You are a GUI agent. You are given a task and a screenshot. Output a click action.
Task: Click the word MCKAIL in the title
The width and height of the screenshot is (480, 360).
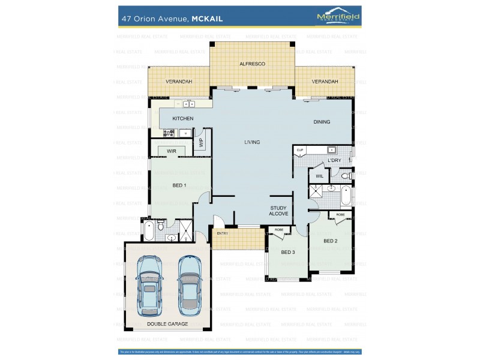(x=207, y=19)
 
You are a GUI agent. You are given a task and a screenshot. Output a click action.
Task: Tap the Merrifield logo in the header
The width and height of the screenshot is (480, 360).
(x=338, y=18)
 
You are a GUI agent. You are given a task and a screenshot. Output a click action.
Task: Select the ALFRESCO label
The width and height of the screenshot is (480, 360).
(x=252, y=64)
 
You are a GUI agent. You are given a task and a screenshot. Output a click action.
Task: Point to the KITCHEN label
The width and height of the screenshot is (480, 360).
(x=183, y=119)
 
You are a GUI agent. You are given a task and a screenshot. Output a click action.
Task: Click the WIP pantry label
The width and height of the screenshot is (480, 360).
(x=201, y=143)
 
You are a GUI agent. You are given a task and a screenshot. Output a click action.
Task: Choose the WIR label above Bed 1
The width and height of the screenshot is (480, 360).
(x=172, y=151)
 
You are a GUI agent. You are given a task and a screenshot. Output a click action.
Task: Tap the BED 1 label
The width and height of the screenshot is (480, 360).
(x=179, y=185)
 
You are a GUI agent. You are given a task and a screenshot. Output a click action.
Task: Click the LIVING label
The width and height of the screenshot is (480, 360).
(x=252, y=142)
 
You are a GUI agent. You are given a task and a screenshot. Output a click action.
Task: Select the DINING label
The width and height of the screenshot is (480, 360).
(x=322, y=122)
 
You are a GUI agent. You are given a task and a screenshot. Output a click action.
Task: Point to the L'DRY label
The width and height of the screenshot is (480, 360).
(x=334, y=161)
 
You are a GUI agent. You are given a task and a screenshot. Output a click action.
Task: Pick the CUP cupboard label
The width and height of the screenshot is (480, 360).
(x=299, y=149)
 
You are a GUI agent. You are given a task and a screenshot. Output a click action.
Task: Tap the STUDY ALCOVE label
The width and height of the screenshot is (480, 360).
(x=278, y=211)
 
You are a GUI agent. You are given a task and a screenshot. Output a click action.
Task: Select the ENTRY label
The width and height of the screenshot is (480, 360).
(x=222, y=233)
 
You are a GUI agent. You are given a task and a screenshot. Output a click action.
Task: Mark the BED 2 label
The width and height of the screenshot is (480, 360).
(x=331, y=241)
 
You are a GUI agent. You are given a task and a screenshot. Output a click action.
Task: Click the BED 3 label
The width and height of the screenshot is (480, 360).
(x=288, y=252)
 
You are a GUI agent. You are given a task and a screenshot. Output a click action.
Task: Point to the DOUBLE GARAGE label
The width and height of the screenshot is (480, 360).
(x=167, y=324)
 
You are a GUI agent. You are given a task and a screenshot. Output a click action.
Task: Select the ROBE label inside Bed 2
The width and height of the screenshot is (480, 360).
(x=340, y=214)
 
